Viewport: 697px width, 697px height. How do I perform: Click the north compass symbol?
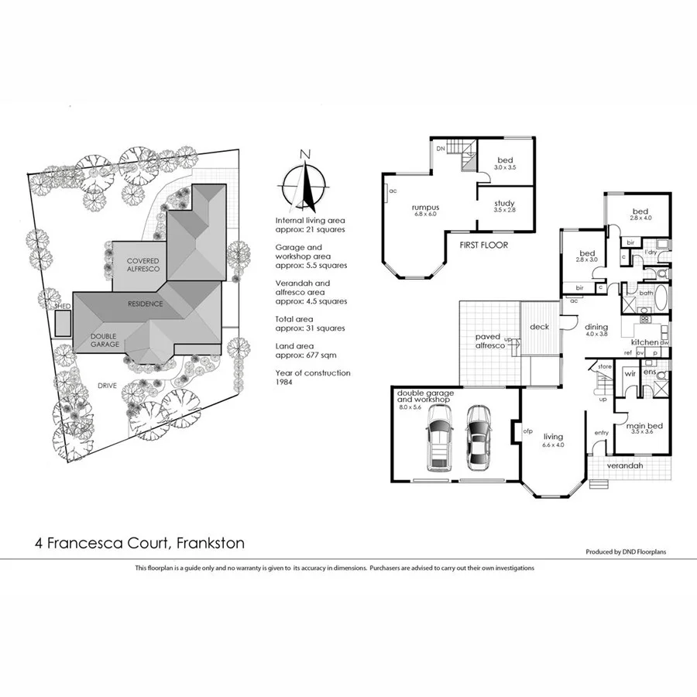(x=306, y=186)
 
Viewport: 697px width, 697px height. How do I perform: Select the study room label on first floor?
(x=504, y=206)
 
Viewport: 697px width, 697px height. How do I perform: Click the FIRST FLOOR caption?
(x=483, y=245)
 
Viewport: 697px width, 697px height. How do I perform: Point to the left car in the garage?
(x=439, y=438)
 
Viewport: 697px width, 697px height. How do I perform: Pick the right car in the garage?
(x=478, y=437)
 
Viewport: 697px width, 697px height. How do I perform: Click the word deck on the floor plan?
(x=539, y=327)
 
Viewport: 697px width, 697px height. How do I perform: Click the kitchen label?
(x=644, y=342)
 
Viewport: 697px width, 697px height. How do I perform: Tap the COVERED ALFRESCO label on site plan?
(x=143, y=265)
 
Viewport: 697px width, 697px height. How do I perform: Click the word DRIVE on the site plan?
(x=108, y=384)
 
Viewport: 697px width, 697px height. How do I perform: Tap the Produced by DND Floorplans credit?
(x=626, y=552)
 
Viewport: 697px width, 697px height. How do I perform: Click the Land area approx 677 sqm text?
(x=306, y=350)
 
